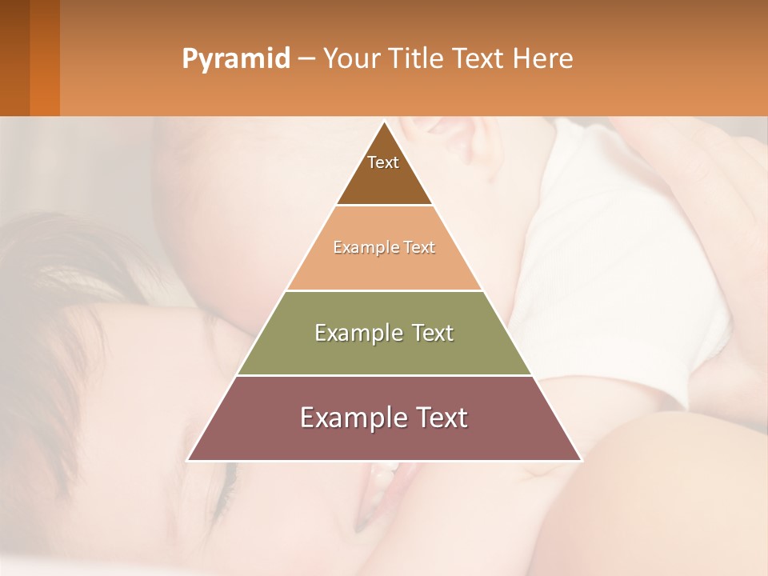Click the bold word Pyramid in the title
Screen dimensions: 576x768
pos(235,59)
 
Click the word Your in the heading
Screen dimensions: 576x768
pos(349,59)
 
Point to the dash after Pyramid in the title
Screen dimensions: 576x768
pos(306,59)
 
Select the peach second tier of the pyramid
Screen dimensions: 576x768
pos(384,268)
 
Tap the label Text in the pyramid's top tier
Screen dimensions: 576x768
pos(383,162)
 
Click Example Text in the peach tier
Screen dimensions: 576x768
pos(384,247)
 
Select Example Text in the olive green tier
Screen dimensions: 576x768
pos(384,333)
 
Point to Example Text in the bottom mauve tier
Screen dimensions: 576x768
pos(384,418)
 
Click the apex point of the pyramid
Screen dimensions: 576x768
pos(384,122)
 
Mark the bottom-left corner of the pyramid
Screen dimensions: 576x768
pos(188,460)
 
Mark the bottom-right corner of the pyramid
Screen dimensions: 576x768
pos(581,460)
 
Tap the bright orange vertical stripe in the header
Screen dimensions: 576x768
pos(45,58)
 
